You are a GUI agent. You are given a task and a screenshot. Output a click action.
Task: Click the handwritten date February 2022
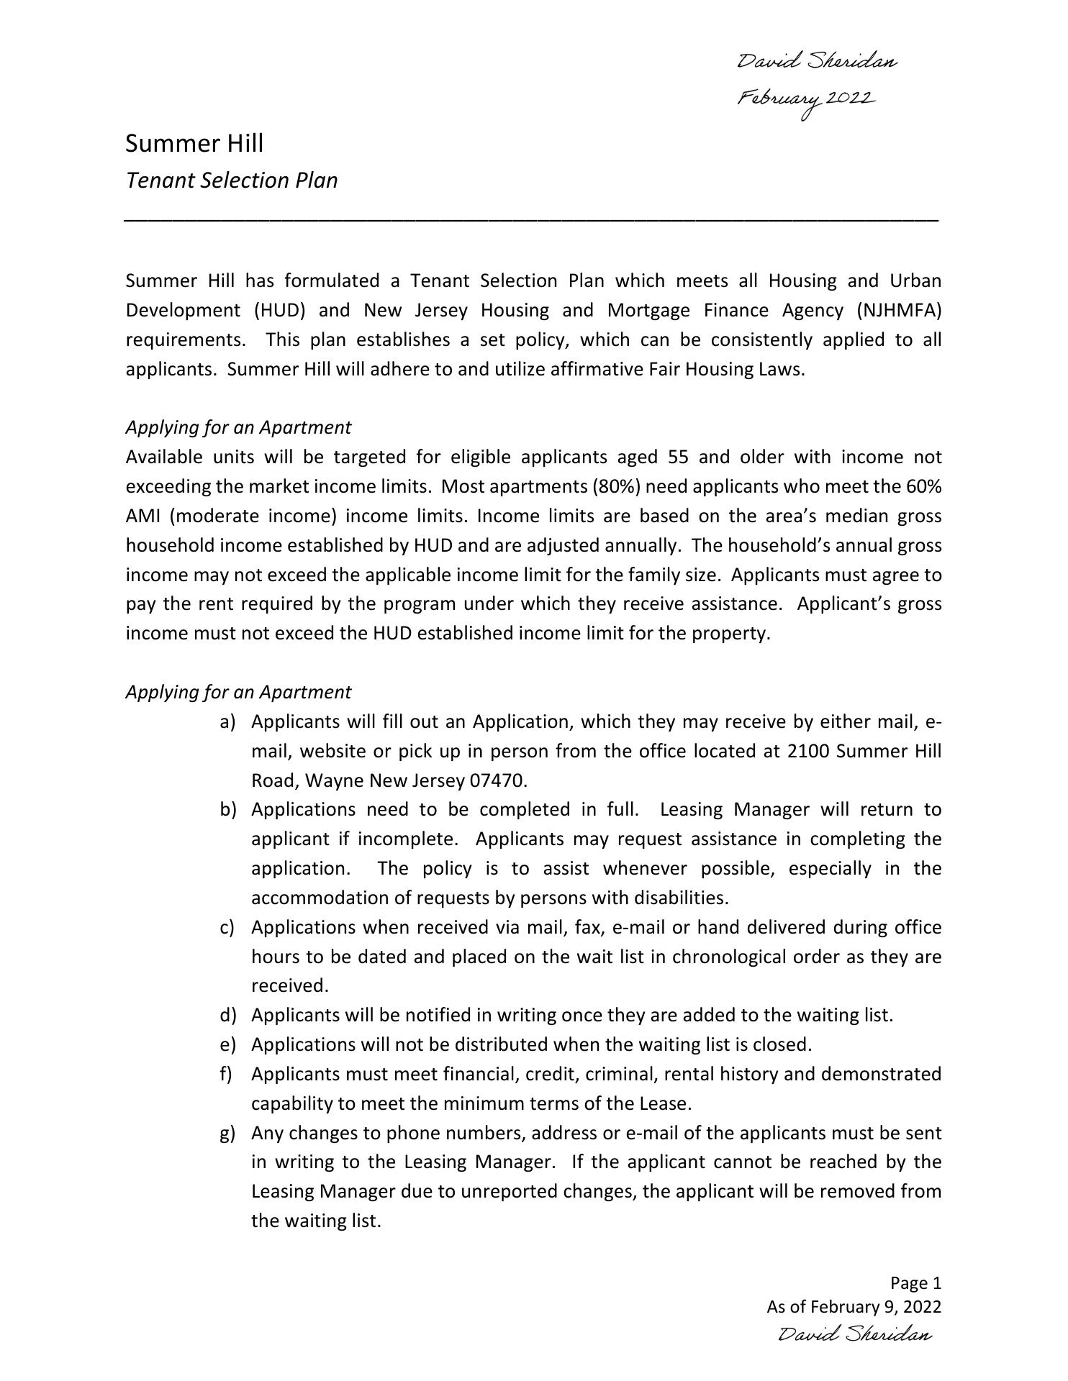(805, 100)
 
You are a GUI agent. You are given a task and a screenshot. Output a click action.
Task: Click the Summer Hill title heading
(194, 143)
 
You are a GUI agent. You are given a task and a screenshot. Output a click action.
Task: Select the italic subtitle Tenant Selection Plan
(232, 180)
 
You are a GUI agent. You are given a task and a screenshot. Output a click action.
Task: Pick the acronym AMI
(142, 516)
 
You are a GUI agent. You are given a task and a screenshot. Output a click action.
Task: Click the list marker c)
(227, 927)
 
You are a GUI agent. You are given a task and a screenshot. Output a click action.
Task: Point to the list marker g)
(227, 1133)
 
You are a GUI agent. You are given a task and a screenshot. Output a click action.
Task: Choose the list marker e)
(227, 1044)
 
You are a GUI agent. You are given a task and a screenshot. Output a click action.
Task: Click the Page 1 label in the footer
(915, 1283)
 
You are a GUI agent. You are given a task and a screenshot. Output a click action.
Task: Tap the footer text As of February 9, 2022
(854, 1307)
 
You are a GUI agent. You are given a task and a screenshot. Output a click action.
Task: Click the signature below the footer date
(855, 1335)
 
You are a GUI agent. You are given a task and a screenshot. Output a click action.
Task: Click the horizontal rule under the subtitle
(532, 218)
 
